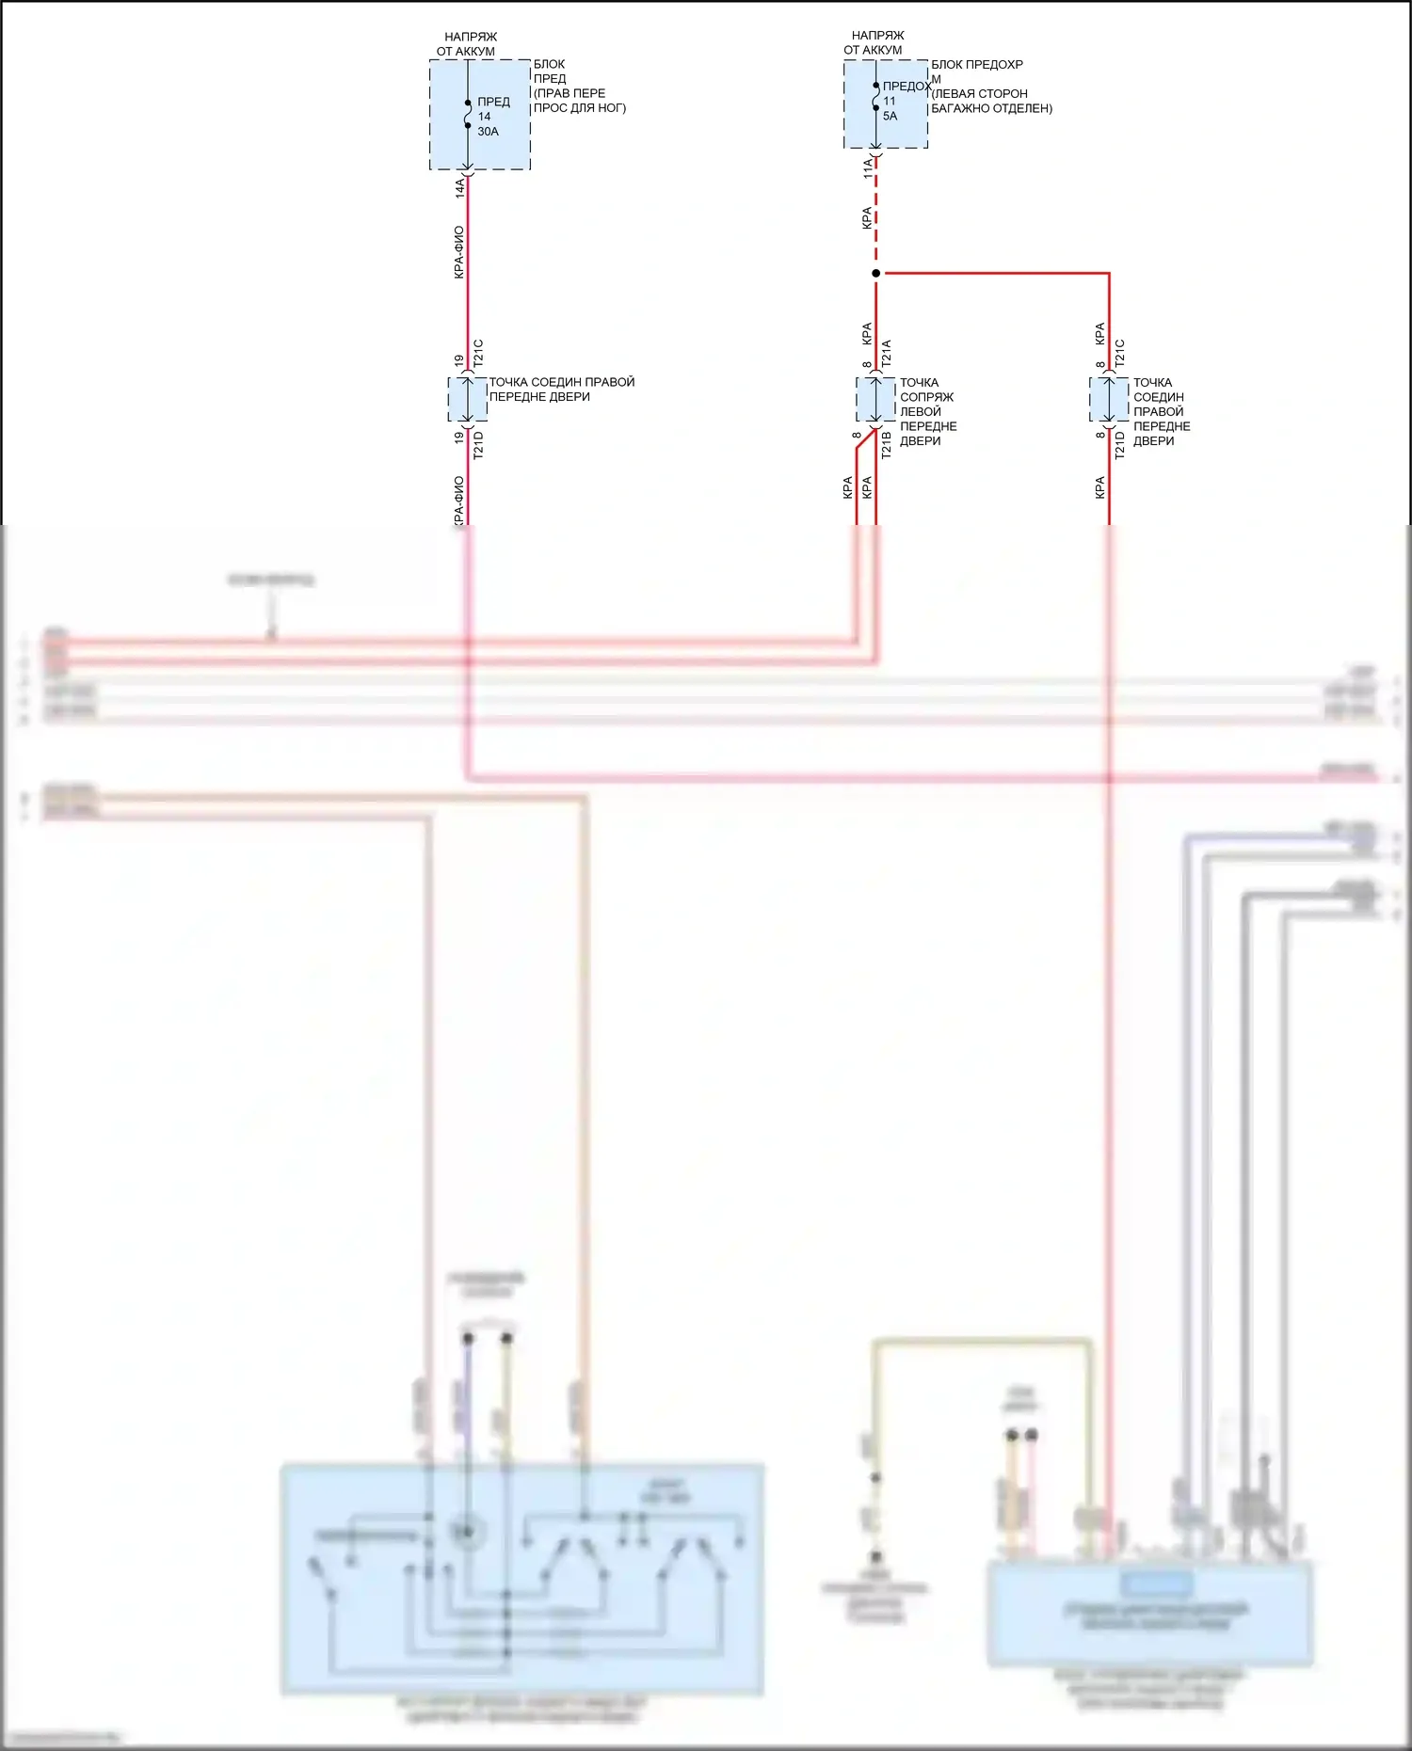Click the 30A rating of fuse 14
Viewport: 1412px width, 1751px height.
488,132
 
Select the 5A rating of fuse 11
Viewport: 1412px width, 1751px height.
890,117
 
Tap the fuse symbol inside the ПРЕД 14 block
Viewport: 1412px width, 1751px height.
468,114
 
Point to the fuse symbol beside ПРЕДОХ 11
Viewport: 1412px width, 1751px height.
875,97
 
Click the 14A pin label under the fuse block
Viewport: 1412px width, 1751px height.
460,187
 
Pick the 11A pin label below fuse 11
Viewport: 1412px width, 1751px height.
868,168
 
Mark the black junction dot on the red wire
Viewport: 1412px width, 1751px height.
875,274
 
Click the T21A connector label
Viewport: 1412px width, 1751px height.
886,353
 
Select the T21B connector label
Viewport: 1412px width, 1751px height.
886,445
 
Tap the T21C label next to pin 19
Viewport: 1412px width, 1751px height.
478,353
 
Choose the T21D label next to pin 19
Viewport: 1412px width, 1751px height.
478,445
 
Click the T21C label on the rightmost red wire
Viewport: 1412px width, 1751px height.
1119,353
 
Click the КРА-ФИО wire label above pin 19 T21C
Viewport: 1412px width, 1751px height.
458,252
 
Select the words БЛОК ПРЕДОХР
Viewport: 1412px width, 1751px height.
976,65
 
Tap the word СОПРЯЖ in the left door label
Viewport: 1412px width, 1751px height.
926,397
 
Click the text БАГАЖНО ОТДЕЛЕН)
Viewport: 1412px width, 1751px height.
991,108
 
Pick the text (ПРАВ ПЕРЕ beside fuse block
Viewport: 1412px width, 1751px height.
570,93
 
